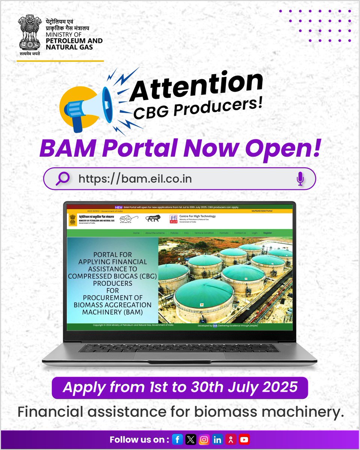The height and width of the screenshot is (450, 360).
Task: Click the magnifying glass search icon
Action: pyautogui.click(x=62, y=178)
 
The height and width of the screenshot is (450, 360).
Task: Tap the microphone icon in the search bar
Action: pyautogui.click(x=300, y=178)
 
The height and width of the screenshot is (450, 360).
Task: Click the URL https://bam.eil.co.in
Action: pyautogui.click(x=135, y=178)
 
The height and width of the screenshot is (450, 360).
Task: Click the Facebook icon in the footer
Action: pyautogui.click(x=178, y=439)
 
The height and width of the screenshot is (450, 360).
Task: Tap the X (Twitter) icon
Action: pyautogui.click(x=191, y=439)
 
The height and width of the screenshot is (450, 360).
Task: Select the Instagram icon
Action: pyautogui.click(x=204, y=439)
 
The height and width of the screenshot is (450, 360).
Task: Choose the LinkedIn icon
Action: pyautogui.click(x=218, y=439)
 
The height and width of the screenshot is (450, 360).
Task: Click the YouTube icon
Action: pyautogui.click(x=244, y=439)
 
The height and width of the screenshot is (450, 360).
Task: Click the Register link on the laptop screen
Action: pyautogui.click(x=267, y=233)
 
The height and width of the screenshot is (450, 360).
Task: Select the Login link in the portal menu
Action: pyautogui.click(x=255, y=233)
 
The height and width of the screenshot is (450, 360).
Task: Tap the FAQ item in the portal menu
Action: pyautogui.click(x=186, y=233)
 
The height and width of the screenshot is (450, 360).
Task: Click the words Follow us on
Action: pyautogui.click(x=139, y=439)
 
